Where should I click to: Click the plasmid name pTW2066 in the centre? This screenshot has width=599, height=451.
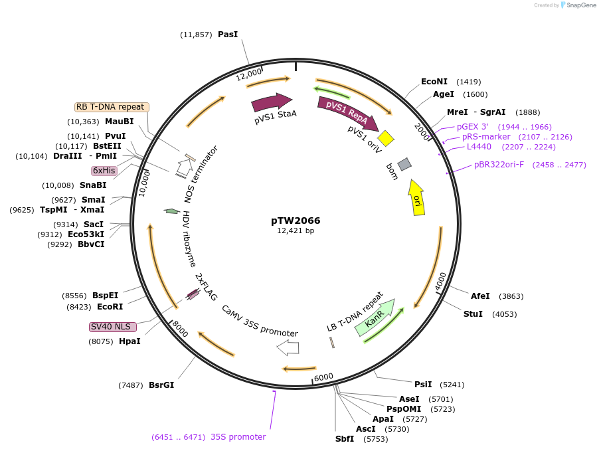pyautogui.click(x=296, y=220)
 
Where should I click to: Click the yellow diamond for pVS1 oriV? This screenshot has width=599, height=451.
pyautogui.click(x=386, y=138)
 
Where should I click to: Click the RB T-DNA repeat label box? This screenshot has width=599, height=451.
pyautogui.click(x=110, y=107)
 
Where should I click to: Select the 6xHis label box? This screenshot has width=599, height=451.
pyautogui.click(x=104, y=171)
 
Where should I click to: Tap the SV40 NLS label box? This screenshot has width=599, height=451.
pyautogui.click(x=113, y=327)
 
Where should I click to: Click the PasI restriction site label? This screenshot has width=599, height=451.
pyautogui.click(x=227, y=34)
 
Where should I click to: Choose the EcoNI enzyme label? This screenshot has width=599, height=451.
pyautogui.click(x=434, y=82)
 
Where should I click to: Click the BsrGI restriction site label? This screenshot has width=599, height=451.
pyautogui.click(x=161, y=385)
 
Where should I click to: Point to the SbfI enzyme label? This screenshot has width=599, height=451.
pyautogui.click(x=345, y=438)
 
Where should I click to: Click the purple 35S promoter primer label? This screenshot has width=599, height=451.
pyautogui.click(x=238, y=436)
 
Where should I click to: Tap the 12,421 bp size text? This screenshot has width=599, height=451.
pyautogui.click(x=296, y=231)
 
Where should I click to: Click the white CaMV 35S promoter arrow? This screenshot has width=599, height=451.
pyautogui.click(x=288, y=347)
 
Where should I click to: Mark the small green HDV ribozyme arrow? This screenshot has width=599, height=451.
pyautogui.click(x=172, y=211)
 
